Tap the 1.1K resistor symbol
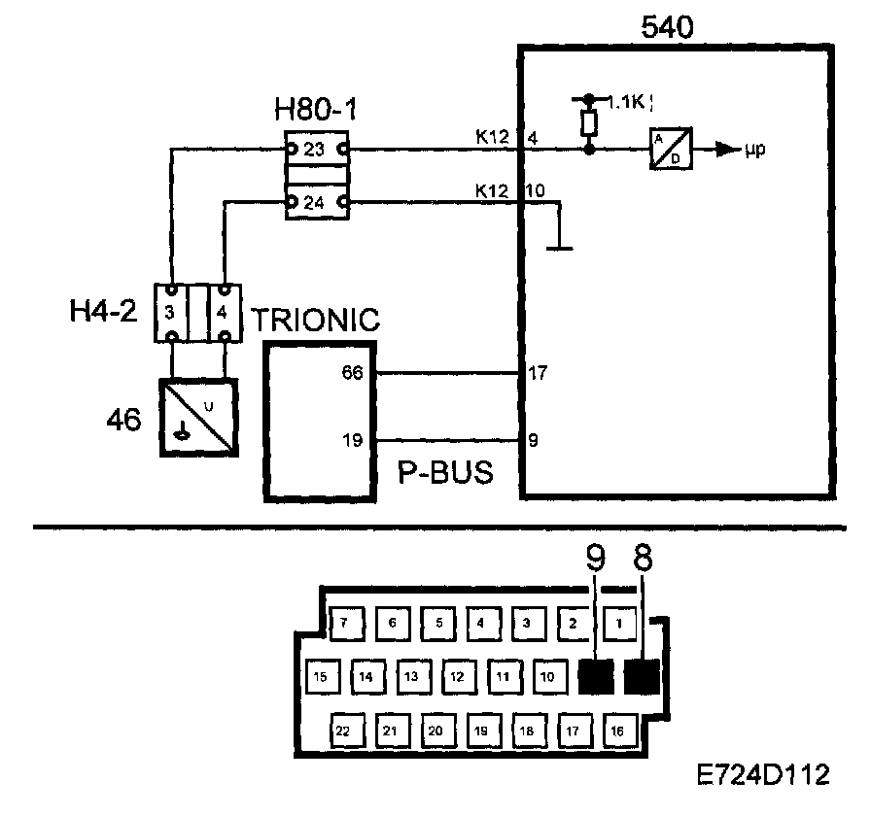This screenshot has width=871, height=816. tap(588, 123)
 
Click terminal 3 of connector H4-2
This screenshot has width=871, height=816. tap(171, 313)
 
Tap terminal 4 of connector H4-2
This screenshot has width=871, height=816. tap(224, 313)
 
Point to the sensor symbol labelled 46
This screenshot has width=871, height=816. tap(198, 416)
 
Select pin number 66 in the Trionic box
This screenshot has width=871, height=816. tap(353, 372)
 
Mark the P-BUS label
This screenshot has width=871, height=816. tap(446, 473)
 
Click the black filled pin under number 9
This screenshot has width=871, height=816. tap(595, 676)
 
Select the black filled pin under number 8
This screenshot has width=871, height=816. tap(643, 676)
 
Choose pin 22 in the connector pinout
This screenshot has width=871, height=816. tap(343, 730)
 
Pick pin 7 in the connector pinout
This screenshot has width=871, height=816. tap(343, 623)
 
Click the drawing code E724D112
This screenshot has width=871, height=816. tap(763, 774)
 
